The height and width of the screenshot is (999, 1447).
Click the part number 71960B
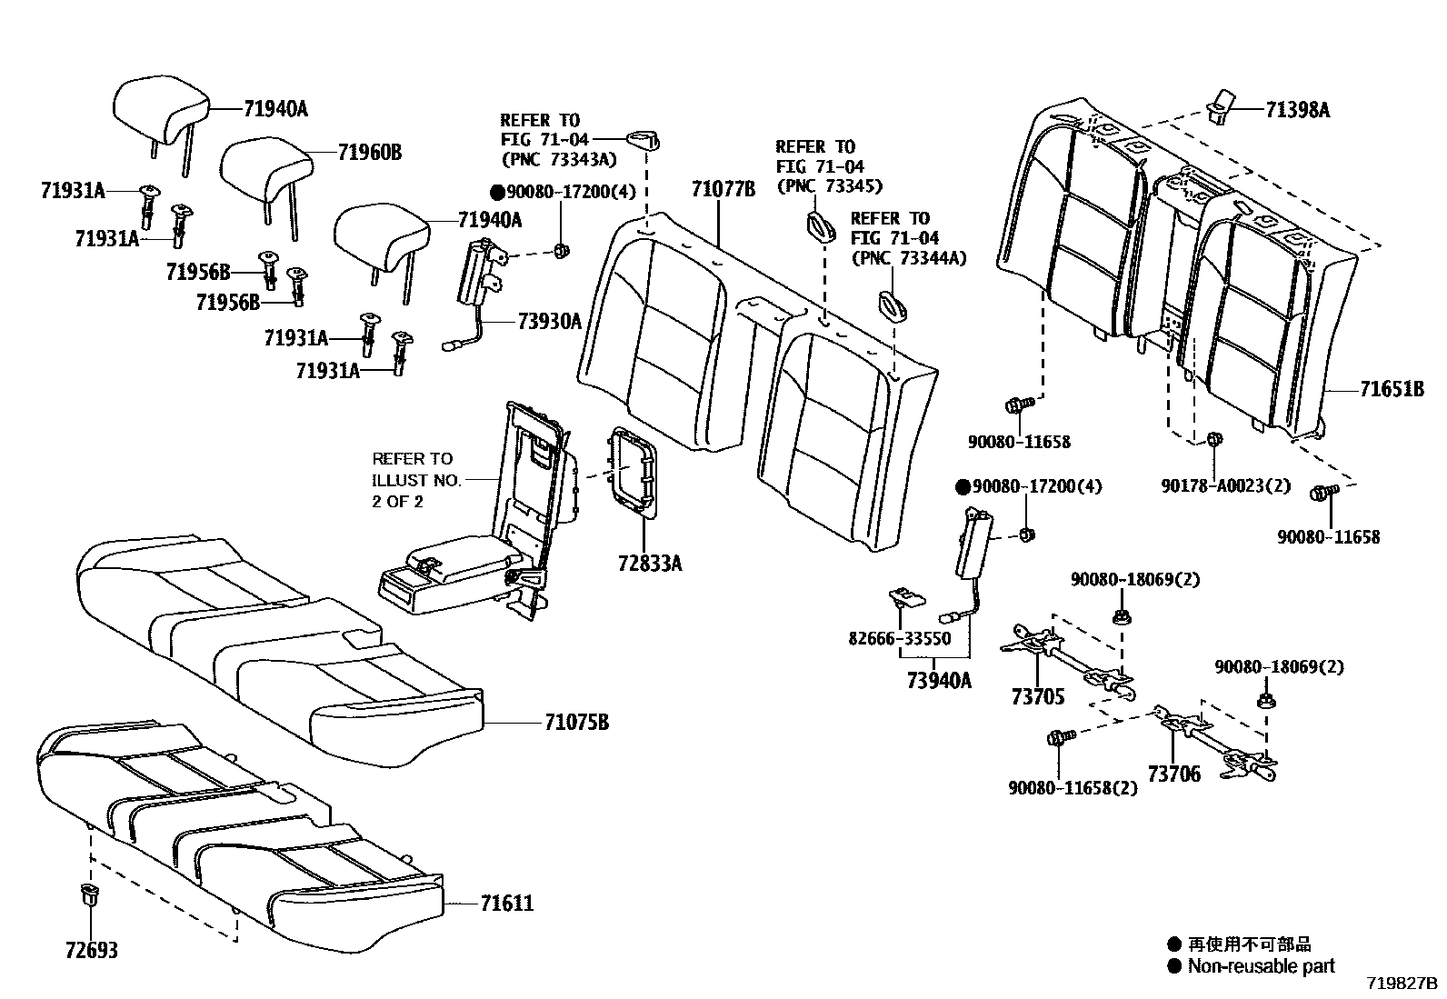pyautogui.click(x=369, y=152)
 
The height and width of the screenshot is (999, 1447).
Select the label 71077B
pyautogui.click(x=723, y=189)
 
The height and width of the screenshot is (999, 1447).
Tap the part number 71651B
pyautogui.click(x=1392, y=389)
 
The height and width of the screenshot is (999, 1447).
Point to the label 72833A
pyautogui.click(x=650, y=564)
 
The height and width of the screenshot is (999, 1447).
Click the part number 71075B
pyautogui.click(x=576, y=723)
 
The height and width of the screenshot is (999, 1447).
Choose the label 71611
pyautogui.click(x=506, y=904)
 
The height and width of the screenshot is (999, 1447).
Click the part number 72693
pyautogui.click(x=91, y=951)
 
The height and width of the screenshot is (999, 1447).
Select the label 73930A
pyautogui.click(x=549, y=321)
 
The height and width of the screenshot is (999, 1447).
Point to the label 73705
pyautogui.click(x=1037, y=697)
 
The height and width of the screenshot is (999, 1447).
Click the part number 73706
pyautogui.click(x=1173, y=774)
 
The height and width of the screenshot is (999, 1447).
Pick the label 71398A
pyautogui.click(x=1297, y=110)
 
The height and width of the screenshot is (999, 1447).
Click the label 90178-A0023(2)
pyautogui.click(x=1225, y=485)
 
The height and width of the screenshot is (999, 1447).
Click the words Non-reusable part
pyautogui.click(x=1262, y=965)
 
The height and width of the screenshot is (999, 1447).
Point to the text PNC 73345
pyautogui.click(x=828, y=186)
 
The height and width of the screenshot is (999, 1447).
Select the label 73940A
pyautogui.click(x=939, y=679)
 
